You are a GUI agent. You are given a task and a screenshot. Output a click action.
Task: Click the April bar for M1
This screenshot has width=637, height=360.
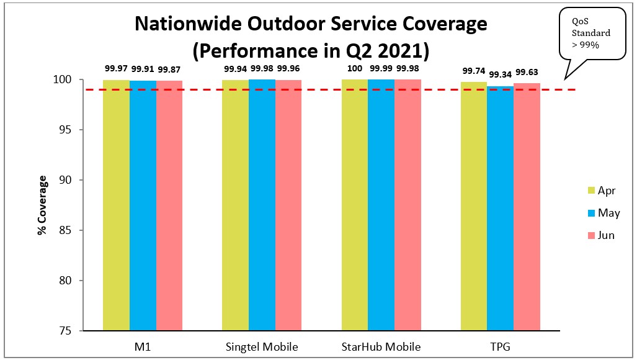(x=116, y=205)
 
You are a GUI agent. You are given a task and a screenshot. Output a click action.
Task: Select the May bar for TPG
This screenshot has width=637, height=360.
(x=500, y=208)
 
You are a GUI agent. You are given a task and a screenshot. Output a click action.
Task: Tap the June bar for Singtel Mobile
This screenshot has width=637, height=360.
(x=288, y=205)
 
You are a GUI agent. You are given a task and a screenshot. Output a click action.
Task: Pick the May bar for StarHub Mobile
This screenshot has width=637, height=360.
(x=381, y=205)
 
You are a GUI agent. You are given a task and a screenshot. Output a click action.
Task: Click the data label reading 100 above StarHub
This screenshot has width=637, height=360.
(x=355, y=68)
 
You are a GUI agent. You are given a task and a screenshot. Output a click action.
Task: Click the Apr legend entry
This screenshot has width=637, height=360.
(x=601, y=191)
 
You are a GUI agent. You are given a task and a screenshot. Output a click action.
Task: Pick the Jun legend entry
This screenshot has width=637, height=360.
(x=601, y=235)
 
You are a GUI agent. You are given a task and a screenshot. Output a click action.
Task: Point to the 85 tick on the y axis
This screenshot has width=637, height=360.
(x=65, y=230)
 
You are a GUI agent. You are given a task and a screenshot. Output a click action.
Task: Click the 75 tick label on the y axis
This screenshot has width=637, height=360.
(x=65, y=331)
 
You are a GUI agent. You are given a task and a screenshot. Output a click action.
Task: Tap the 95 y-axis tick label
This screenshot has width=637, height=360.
(x=65, y=130)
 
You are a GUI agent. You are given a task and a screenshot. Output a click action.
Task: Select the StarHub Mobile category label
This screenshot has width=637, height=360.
(x=381, y=346)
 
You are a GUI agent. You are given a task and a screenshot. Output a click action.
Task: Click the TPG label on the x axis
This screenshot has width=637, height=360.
(x=500, y=346)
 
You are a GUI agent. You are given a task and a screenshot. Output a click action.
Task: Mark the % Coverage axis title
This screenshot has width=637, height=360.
(x=42, y=205)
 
